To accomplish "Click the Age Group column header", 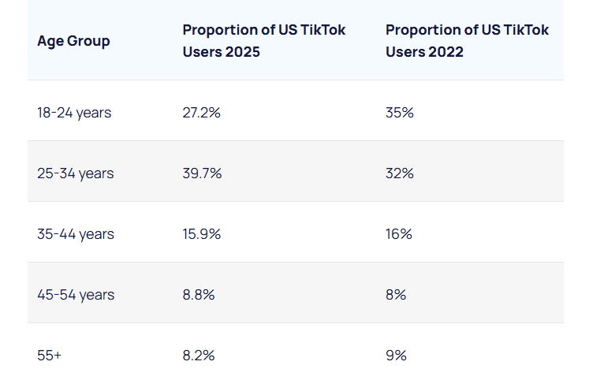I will pyautogui.click(x=73, y=41).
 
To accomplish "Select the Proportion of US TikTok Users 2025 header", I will pyautogui.click(x=263, y=40).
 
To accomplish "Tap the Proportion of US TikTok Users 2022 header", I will pyautogui.click(x=467, y=40).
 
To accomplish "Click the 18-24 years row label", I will pyautogui.click(x=74, y=113).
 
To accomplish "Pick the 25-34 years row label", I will pyautogui.click(x=75, y=173).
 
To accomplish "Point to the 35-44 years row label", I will pyautogui.click(x=75, y=234).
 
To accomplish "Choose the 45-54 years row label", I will pyautogui.click(x=75, y=295).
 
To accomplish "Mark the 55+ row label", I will pyautogui.click(x=49, y=356).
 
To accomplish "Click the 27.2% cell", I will pyautogui.click(x=201, y=113).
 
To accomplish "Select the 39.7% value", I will pyautogui.click(x=202, y=173).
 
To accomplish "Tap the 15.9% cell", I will pyautogui.click(x=201, y=234).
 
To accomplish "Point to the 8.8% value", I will pyautogui.click(x=198, y=295).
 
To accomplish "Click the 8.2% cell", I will pyautogui.click(x=198, y=356).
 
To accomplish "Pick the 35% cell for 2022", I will pyautogui.click(x=400, y=113).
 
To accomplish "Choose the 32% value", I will pyautogui.click(x=400, y=173).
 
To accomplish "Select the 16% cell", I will pyautogui.click(x=399, y=234).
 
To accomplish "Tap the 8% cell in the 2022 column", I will pyautogui.click(x=396, y=295).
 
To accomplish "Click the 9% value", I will pyautogui.click(x=396, y=356).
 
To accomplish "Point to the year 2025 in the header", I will pyautogui.click(x=243, y=51).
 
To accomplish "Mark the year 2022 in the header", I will pyautogui.click(x=446, y=51).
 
